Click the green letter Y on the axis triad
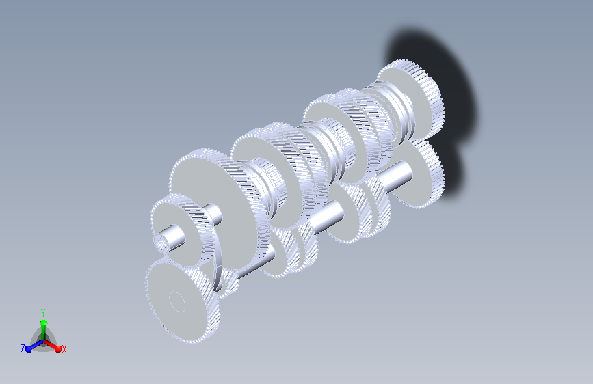tap(43, 313)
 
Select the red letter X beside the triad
tap(64, 350)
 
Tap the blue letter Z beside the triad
tap(23, 349)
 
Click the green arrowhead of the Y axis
tap(44, 323)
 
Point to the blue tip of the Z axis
tap(28, 348)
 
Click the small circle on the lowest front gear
tap(176, 301)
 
